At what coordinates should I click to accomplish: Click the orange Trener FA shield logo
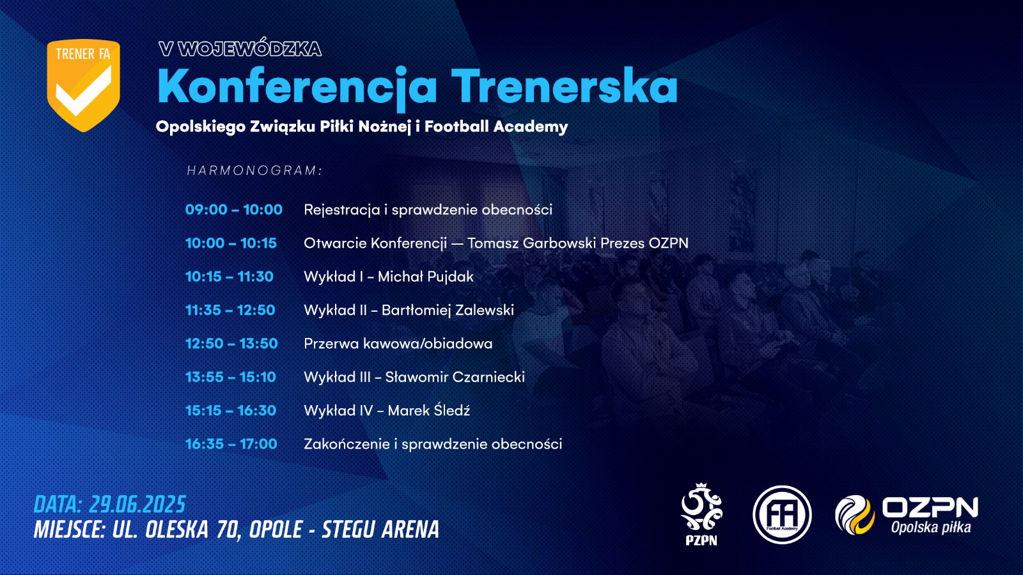[x=84, y=86]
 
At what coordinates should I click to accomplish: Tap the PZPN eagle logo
[x=701, y=514]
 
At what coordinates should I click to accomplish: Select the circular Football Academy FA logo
[x=782, y=515]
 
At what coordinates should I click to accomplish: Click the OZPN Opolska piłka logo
[x=907, y=515]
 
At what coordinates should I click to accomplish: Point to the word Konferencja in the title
[x=297, y=87]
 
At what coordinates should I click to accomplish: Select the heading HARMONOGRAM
[x=254, y=170]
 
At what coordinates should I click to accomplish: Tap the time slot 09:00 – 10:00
[x=234, y=210]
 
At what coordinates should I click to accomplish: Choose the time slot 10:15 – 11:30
[x=230, y=277]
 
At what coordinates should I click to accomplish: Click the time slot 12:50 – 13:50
[x=231, y=343]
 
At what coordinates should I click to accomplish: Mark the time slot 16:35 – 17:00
[x=231, y=443]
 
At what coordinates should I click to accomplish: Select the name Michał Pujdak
[x=426, y=277]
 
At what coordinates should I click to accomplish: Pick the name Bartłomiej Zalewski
[x=448, y=310]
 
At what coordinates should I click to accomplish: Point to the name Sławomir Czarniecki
[x=455, y=377]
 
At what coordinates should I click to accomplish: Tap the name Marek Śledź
[x=428, y=410]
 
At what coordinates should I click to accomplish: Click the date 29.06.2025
[x=137, y=505]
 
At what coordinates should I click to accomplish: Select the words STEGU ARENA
[x=380, y=530]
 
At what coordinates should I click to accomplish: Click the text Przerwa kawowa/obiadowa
[x=398, y=344]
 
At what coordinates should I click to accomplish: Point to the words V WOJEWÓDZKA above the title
[x=240, y=49]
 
